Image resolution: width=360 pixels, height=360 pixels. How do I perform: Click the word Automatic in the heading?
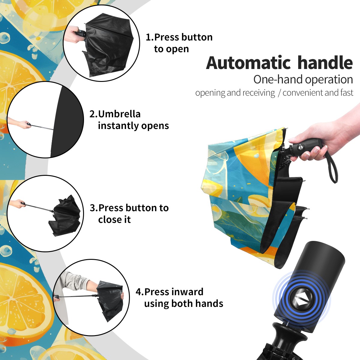pos(248,63)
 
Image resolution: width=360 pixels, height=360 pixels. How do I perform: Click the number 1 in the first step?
pos(148,37)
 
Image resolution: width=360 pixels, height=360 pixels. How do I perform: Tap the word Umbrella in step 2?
pos(119,114)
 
